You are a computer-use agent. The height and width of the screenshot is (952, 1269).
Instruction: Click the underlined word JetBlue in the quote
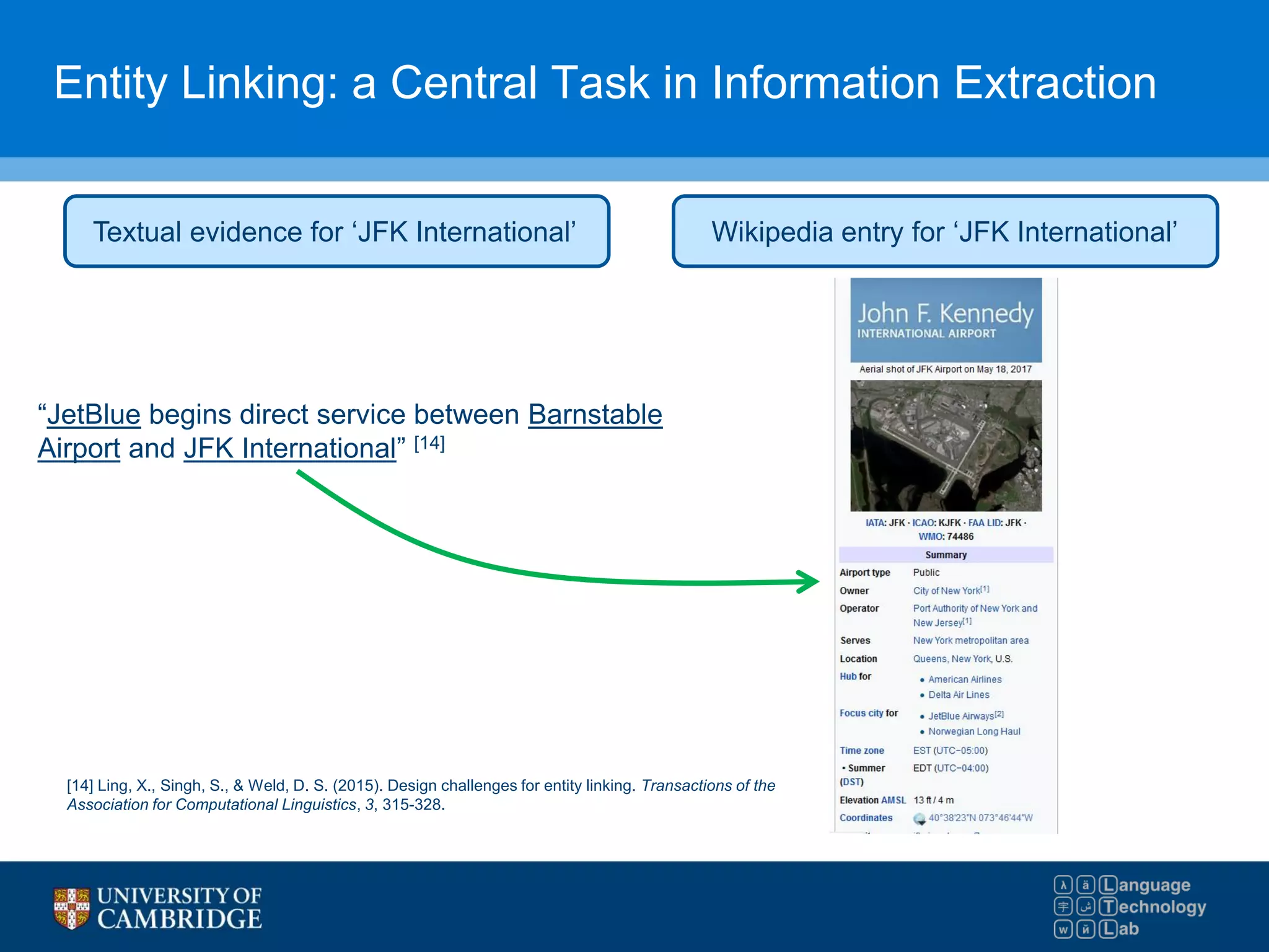[x=94, y=415]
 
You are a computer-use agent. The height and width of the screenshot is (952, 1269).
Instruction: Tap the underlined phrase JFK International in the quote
[x=289, y=449]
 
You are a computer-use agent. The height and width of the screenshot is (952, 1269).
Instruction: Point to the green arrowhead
[x=809, y=581]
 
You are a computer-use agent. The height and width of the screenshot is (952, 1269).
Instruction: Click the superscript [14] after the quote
[x=429, y=443]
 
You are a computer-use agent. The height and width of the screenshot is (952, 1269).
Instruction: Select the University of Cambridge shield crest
[x=71, y=908]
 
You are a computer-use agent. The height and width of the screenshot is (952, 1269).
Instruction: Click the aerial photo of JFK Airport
[x=946, y=445]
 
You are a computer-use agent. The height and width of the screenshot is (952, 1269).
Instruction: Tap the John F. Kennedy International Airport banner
[x=946, y=320]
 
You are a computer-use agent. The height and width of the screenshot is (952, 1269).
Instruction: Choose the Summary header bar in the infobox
[x=946, y=555]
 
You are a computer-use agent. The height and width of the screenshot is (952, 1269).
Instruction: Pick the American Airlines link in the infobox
[x=965, y=679]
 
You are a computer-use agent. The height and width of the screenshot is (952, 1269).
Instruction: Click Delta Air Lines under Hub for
[x=959, y=695]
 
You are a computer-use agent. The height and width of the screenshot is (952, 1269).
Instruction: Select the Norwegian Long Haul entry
[x=974, y=731]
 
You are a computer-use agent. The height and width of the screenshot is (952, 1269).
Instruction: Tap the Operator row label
[x=859, y=609]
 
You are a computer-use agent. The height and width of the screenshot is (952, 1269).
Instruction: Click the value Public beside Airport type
[x=926, y=573]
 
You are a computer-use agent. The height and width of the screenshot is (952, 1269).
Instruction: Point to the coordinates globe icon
[x=920, y=819]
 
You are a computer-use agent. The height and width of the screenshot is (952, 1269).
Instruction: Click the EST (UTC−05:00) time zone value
[x=951, y=751]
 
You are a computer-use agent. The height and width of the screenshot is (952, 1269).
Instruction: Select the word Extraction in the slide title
[x=1055, y=83]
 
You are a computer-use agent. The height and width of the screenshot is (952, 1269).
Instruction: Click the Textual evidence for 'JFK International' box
[x=336, y=232]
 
